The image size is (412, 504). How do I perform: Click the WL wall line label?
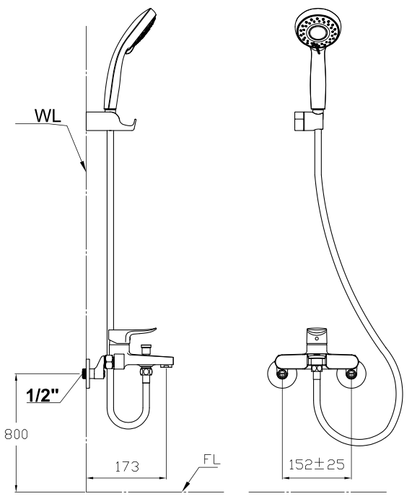point(47,115)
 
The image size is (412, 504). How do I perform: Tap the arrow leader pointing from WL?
point(76,148)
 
